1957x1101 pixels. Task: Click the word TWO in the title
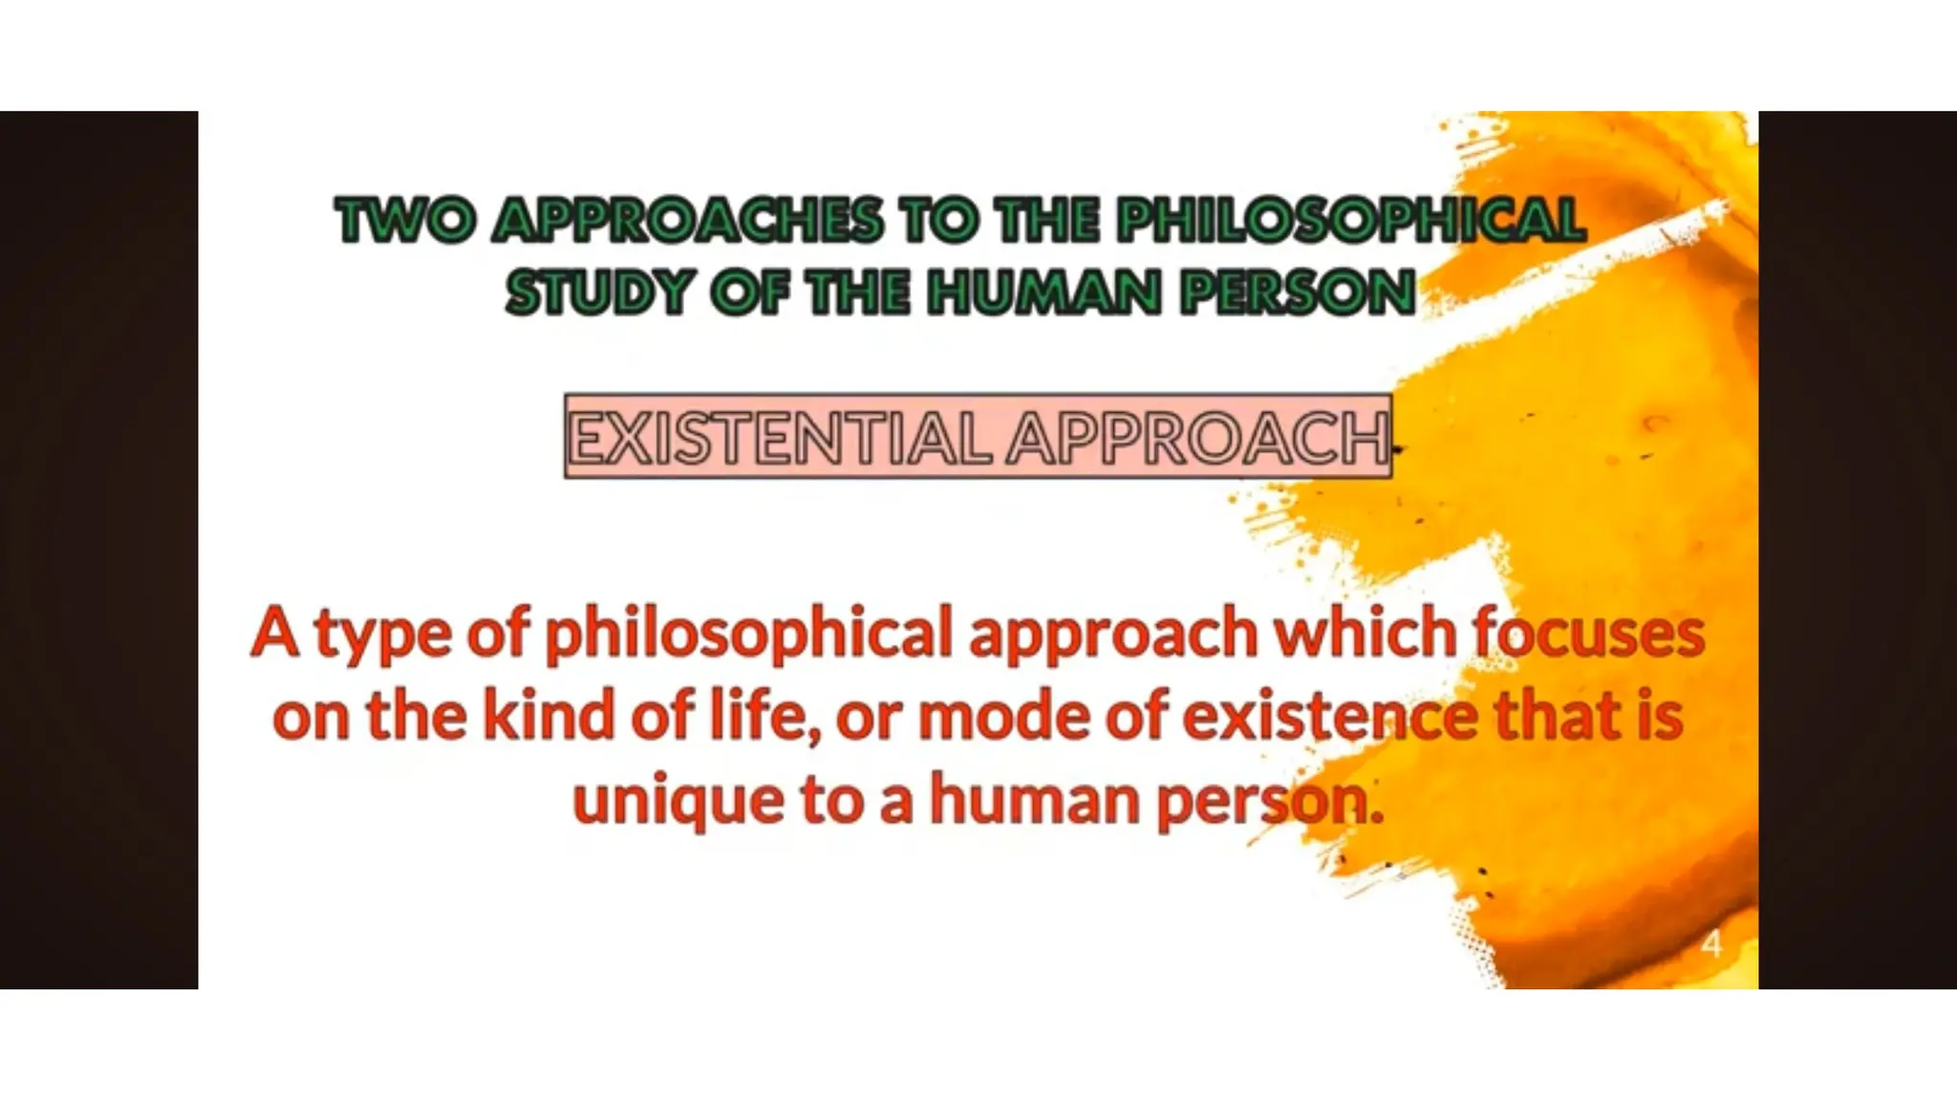[x=405, y=221]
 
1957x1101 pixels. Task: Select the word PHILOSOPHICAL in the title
[x=1351, y=221]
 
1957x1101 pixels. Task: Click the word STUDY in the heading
[x=599, y=292]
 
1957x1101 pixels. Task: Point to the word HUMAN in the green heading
[x=1044, y=292]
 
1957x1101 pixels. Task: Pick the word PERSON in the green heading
[x=1298, y=292]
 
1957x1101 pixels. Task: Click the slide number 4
[x=1711, y=943]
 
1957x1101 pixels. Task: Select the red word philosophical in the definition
[x=748, y=635]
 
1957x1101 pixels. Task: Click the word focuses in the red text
[x=1588, y=633]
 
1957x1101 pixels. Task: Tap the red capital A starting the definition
[x=275, y=633]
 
